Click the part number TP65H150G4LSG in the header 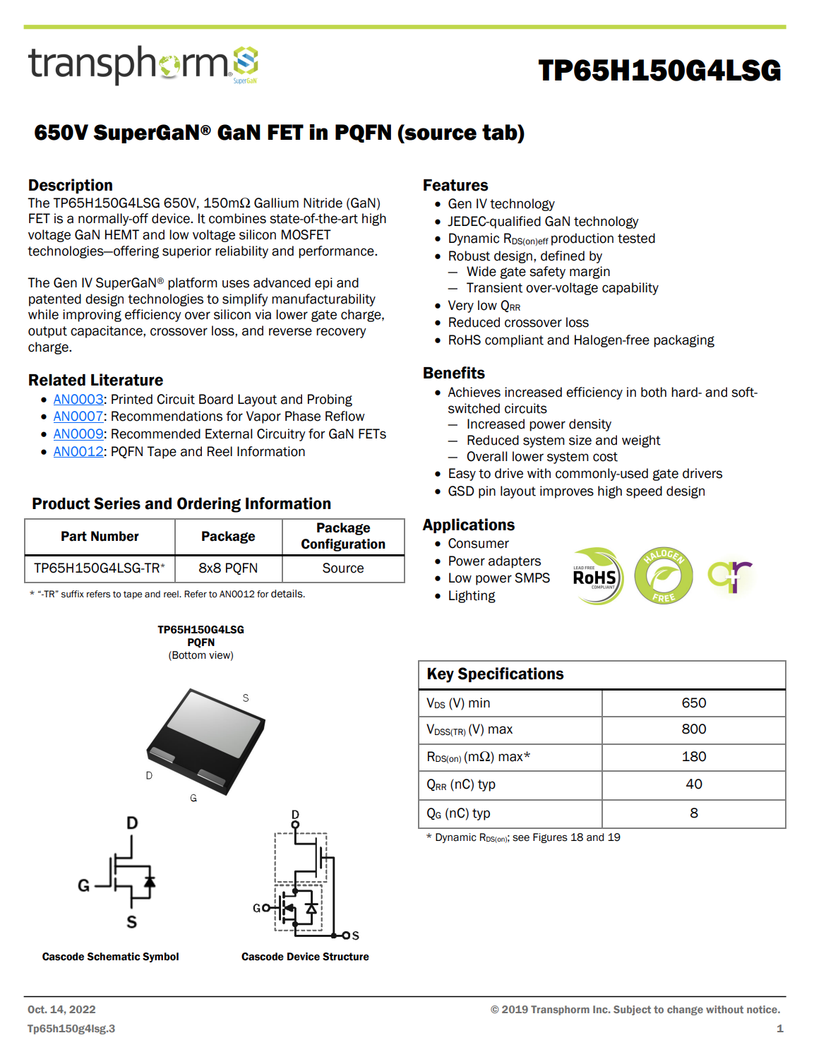coord(659,71)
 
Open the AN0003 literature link coord(78,400)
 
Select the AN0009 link coord(78,434)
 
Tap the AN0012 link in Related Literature coord(78,452)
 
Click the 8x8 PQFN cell coord(228,568)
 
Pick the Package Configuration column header coord(343,537)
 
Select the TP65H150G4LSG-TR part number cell coord(100,568)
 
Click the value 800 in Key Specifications coord(693,729)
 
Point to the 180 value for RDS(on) coord(693,757)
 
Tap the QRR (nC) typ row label coord(461,784)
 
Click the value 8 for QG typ coord(693,813)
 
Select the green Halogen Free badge coord(663,577)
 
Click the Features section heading coord(455,186)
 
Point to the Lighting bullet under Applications coord(471,596)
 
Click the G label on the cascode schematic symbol coord(84,885)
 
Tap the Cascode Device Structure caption coord(305,957)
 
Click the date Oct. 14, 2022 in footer coord(61,1010)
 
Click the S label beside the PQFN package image coord(246,698)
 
